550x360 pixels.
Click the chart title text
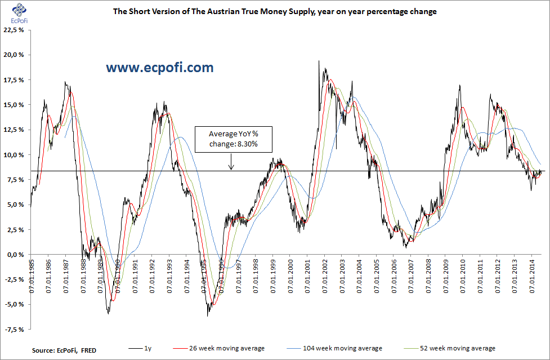[275, 11]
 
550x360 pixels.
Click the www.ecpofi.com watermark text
[160, 68]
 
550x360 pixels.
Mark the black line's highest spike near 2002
[319, 61]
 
